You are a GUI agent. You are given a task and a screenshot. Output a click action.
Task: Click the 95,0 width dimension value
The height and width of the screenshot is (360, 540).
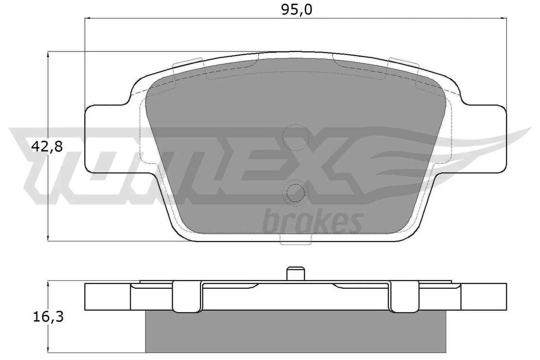[297, 10]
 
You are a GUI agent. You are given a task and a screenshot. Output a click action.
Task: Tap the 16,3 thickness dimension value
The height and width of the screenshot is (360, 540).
[48, 317]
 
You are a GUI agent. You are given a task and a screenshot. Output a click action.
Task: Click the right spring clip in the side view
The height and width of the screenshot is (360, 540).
[404, 297]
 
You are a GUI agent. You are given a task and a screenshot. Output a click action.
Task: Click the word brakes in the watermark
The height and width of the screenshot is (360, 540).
[312, 221]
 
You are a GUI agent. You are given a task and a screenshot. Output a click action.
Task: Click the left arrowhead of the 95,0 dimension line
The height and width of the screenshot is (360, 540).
[86, 18]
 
